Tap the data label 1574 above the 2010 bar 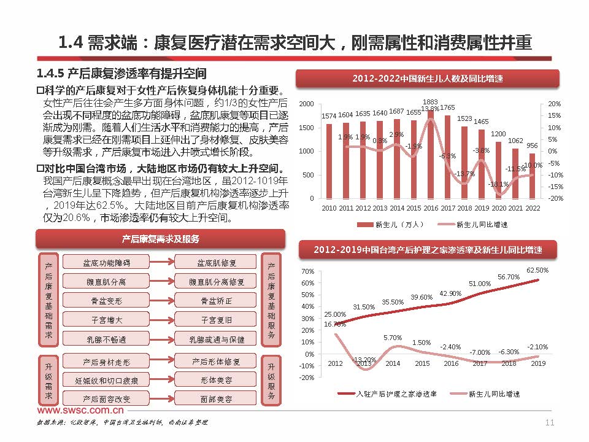point(329,116)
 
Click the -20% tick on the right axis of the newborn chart point(555,198)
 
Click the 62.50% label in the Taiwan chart point(537,269)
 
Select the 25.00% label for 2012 point(335,314)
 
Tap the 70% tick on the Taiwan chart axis point(307,271)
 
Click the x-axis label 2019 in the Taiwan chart point(537,363)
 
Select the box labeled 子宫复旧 point(217,320)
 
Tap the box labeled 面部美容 point(217,398)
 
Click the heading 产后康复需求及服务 point(161,239)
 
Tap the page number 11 point(549,422)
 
